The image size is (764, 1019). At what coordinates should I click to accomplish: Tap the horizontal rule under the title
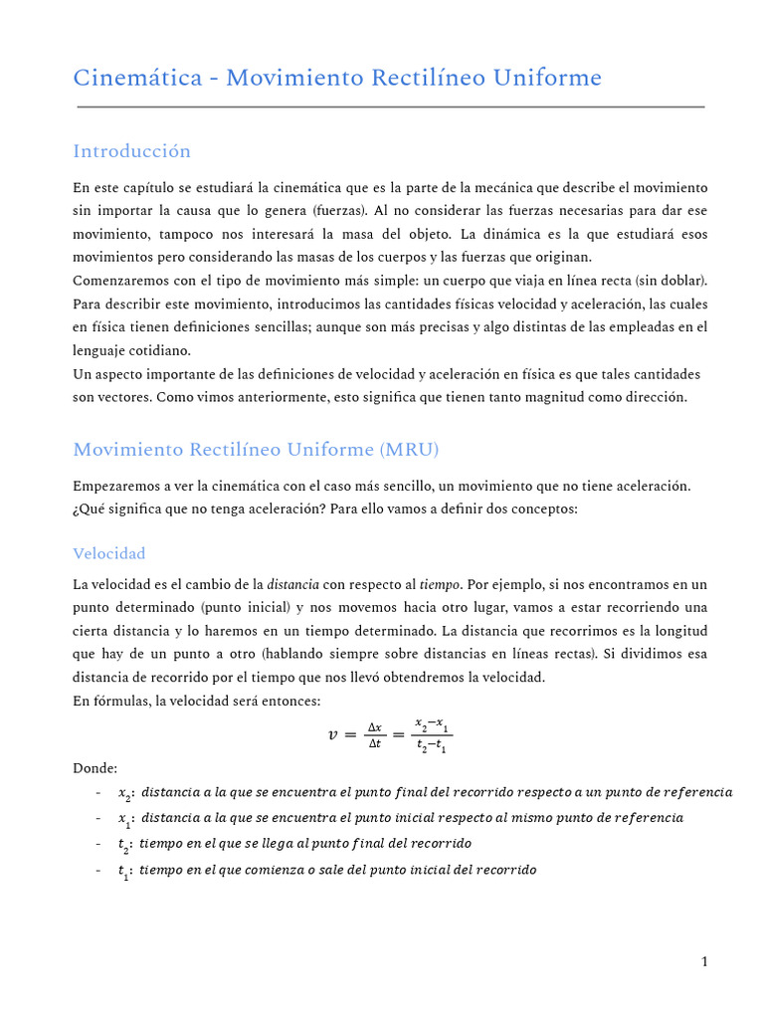coord(389,106)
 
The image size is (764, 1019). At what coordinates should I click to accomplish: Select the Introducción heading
coord(131,151)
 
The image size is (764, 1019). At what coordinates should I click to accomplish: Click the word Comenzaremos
coord(122,281)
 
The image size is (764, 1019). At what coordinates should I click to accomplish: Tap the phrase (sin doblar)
coord(670,281)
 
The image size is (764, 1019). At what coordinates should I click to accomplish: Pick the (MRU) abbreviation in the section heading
coord(408,450)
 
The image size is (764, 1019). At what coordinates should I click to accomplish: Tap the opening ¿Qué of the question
coord(90,509)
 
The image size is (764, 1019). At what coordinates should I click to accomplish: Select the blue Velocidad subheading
coord(109,553)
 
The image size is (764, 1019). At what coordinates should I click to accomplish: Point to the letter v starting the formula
coord(332,735)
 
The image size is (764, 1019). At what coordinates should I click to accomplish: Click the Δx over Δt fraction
coord(374,735)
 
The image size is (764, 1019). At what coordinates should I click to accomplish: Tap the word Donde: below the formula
coord(95,768)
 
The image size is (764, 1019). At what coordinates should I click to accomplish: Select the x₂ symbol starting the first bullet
coord(125,793)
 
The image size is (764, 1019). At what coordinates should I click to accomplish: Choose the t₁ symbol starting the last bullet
coord(124,870)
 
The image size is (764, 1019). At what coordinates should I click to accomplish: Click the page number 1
coord(704,961)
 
